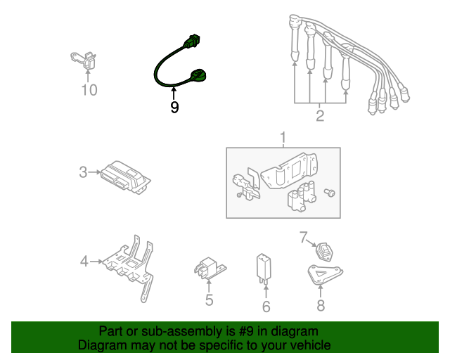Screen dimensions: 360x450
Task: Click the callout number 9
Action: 174,107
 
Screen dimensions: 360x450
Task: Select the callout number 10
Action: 89,90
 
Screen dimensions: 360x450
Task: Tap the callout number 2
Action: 320,116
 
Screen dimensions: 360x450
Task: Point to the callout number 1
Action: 283,136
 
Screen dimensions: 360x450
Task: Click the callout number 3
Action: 83,172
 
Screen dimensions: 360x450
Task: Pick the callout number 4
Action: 84,262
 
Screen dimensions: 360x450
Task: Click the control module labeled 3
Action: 124,176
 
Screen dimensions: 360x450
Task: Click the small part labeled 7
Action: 325,250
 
